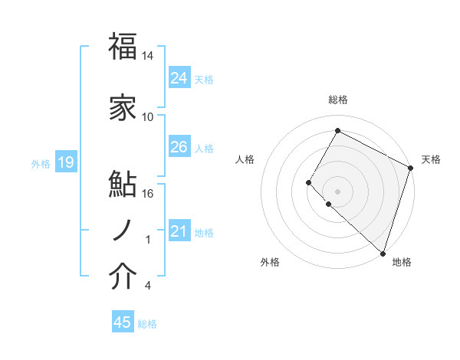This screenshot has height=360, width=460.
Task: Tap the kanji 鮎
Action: tap(123, 184)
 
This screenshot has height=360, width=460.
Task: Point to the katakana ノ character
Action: tap(121, 229)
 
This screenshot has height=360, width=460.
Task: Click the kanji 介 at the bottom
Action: tap(123, 277)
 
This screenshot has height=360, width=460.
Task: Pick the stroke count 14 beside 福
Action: tap(148, 56)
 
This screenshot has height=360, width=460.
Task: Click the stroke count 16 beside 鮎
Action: tap(148, 193)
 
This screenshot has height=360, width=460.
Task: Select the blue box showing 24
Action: tap(179, 77)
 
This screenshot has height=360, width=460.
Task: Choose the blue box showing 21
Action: tap(179, 231)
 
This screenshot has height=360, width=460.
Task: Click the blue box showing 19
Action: tap(66, 162)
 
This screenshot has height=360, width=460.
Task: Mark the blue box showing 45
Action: tap(123, 322)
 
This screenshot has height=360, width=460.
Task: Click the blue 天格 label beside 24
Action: tap(204, 79)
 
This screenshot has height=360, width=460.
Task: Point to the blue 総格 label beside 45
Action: tap(147, 324)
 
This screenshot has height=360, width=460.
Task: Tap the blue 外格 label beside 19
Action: tap(41, 163)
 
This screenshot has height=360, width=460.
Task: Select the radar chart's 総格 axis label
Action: tap(337, 100)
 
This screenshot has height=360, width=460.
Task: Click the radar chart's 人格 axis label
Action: tap(245, 159)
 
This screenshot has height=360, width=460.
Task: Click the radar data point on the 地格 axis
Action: tap(383, 253)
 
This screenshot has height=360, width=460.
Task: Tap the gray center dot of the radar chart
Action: tap(337, 191)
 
